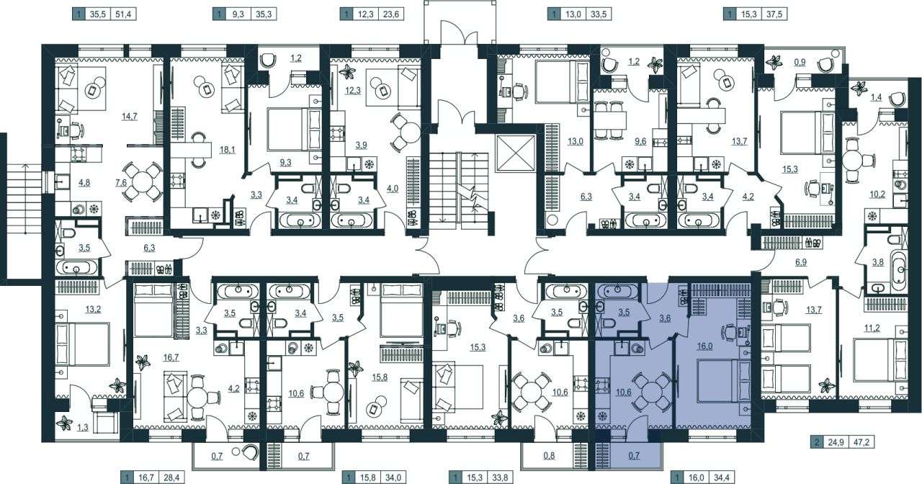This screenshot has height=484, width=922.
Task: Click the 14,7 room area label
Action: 129,117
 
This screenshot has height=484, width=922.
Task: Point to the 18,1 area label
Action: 227,150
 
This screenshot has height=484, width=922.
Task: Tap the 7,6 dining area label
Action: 121,183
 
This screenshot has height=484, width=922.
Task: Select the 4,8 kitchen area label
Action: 84,183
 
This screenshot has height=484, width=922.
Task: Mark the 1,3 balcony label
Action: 83,427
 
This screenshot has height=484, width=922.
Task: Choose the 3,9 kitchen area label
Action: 361,145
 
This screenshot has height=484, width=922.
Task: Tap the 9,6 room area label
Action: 640,142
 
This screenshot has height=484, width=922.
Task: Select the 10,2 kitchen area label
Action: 877,194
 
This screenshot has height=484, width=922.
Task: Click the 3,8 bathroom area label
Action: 878,262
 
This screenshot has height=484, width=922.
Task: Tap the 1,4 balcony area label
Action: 877,97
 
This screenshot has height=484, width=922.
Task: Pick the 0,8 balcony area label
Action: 549,456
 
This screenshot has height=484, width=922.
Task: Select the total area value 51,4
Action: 123,14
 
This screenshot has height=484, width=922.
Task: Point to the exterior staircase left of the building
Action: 24,198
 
